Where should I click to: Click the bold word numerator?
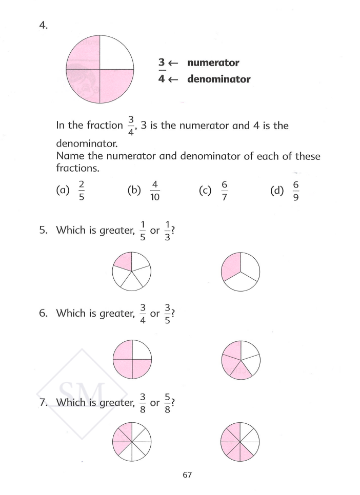pyautogui.click(x=213, y=63)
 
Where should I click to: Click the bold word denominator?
pyautogui.click(x=219, y=79)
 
